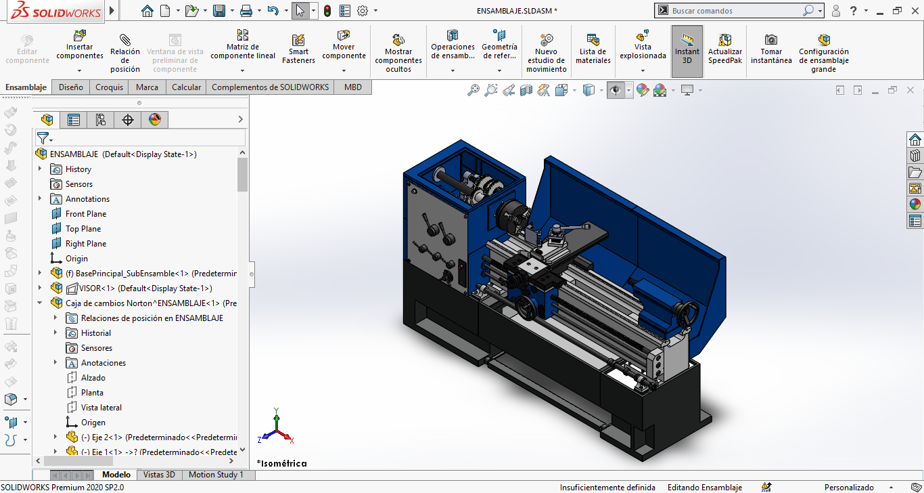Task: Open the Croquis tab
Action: pos(109,87)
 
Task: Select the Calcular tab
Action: pos(186,87)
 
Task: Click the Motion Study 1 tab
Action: pos(216,475)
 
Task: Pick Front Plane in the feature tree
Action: pos(86,214)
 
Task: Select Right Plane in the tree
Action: pos(86,244)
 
